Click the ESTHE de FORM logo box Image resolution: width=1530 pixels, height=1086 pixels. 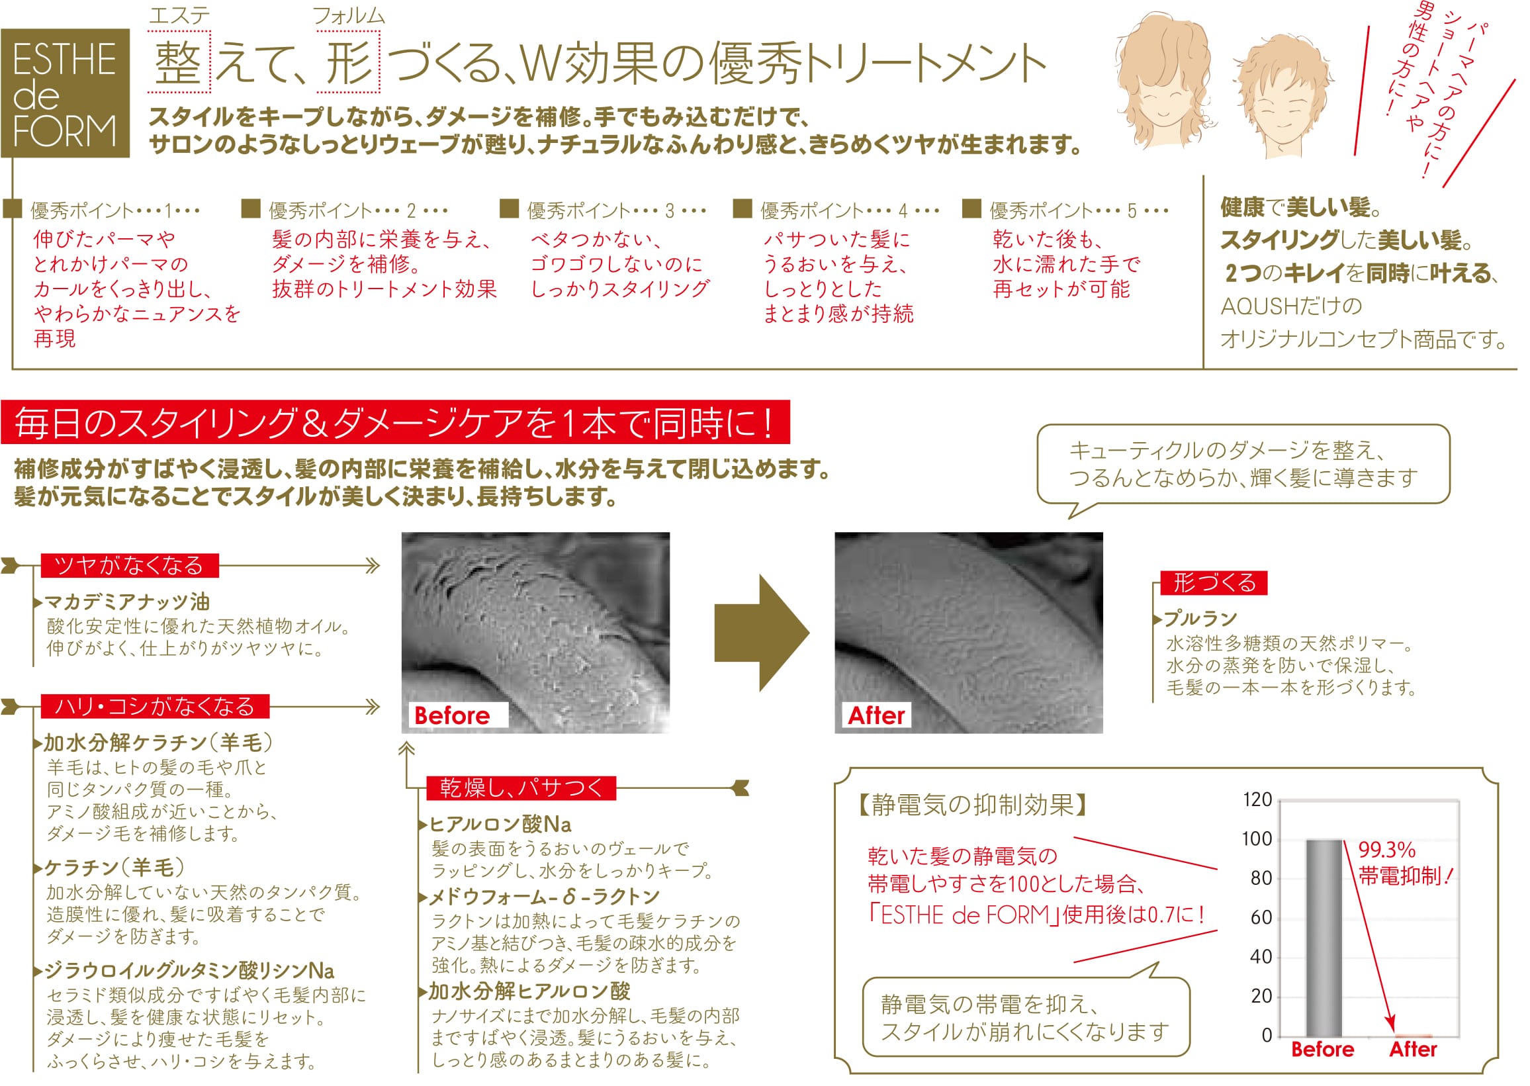(65, 93)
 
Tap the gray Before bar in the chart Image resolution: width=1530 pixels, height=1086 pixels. (1324, 938)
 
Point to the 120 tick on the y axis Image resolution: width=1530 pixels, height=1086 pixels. (1257, 800)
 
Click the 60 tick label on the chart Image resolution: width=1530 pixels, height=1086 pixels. (1261, 917)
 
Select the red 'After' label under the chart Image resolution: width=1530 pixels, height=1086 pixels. (1413, 1049)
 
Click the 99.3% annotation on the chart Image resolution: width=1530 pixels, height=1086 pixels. (1387, 850)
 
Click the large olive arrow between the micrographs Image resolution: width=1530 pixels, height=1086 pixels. (762, 633)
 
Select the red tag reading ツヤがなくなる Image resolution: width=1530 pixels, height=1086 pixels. (130, 566)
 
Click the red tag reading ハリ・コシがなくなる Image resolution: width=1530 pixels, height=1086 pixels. (155, 706)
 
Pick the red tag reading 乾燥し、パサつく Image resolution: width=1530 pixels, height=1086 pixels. (521, 788)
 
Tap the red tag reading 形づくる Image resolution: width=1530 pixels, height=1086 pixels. (1214, 582)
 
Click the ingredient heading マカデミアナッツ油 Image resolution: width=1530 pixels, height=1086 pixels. (127, 602)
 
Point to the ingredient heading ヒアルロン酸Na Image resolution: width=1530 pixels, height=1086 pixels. (500, 824)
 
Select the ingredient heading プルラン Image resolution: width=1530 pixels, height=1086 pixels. (1200, 619)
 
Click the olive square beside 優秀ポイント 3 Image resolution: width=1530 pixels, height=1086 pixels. (510, 208)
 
